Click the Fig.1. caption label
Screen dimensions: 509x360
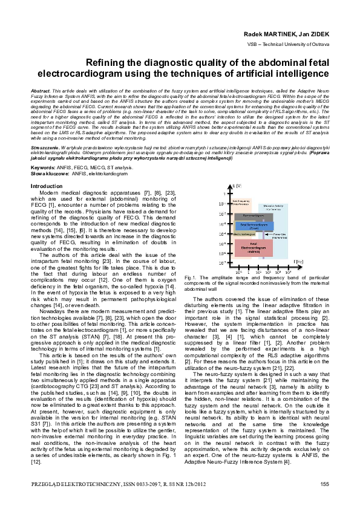click(x=190, y=277)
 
